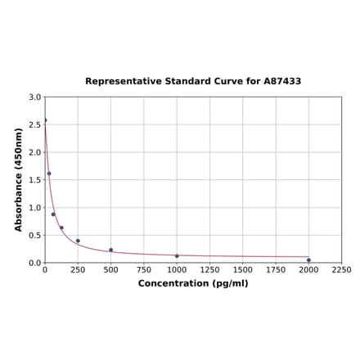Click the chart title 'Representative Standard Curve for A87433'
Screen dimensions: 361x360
(x=193, y=82)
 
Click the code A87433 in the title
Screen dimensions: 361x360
(x=282, y=82)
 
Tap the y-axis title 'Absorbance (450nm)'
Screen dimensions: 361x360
(x=19, y=179)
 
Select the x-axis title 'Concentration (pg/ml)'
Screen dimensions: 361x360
(x=193, y=283)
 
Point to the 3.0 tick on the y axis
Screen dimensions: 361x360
(x=35, y=97)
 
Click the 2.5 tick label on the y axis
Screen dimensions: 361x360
(x=35, y=125)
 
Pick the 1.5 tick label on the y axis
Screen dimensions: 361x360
(x=35, y=180)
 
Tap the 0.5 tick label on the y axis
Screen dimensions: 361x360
(x=35, y=236)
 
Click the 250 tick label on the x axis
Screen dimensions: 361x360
(x=78, y=269)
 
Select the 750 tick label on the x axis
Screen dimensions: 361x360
(x=144, y=269)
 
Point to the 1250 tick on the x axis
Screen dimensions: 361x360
(x=209, y=269)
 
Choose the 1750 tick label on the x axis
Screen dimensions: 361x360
(x=276, y=269)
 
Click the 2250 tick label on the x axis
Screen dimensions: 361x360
(x=341, y=269)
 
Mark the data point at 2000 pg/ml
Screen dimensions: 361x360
(x=308, y=260)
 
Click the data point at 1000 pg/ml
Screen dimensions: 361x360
(x=177, y=256)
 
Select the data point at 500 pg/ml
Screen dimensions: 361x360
(x=111, y=250)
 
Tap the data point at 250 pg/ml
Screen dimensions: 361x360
(x=78, y=241)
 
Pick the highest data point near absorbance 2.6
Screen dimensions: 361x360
(x=45, y=120)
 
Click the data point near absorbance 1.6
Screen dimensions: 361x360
(x=49, y=174)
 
